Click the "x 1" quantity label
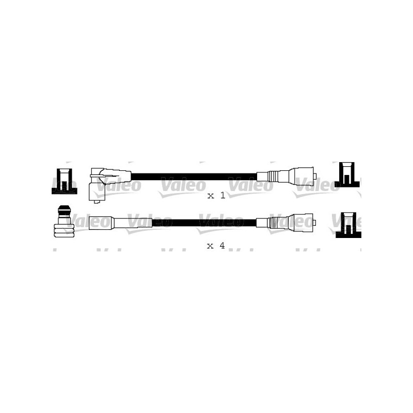(216, 196)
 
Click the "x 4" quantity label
(216, 246)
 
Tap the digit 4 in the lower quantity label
(222, 246)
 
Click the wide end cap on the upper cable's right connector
(303, 176)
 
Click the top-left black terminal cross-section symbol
(64, 181)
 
